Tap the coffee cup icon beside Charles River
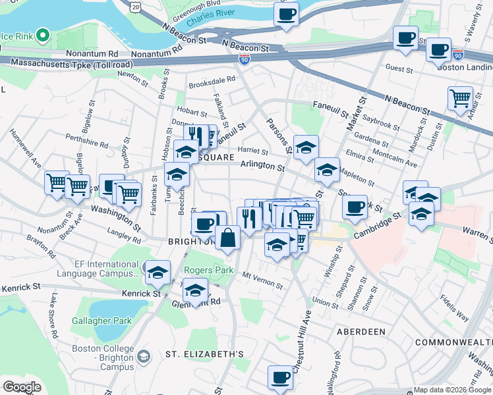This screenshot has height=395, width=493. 286,14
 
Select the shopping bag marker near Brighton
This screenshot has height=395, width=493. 227,238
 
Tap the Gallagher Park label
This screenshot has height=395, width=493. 102,321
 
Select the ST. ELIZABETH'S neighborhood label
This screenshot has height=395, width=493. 204,354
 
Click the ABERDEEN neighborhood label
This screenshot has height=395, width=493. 361,332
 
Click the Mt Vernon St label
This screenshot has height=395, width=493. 262,280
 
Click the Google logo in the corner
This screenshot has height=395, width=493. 22,387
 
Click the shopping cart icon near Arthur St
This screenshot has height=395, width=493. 460,98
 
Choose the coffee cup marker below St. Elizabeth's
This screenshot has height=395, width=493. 280,378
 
